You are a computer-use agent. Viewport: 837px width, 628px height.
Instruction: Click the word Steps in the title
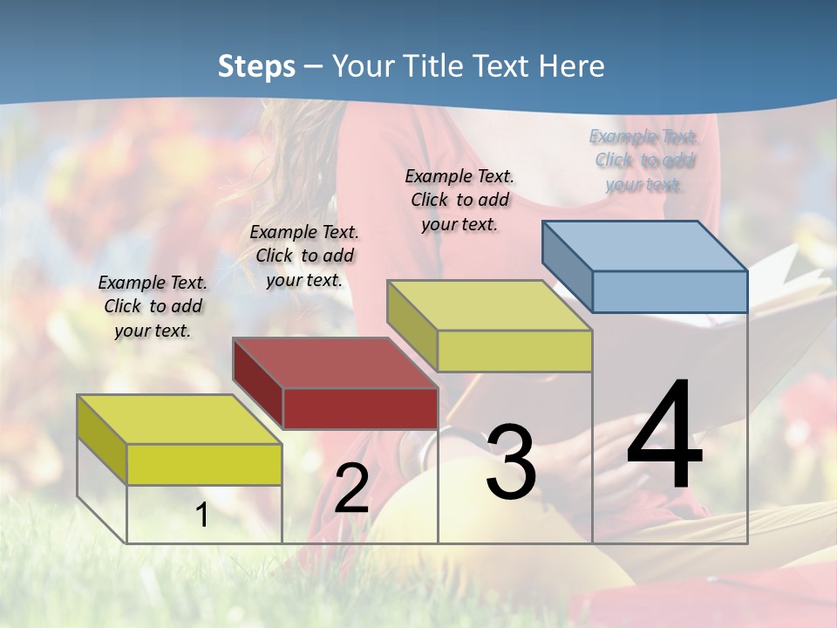pyautogui.click(x=256, y=66)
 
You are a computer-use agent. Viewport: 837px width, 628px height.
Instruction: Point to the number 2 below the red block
pyautogui.click(x=351, y=488)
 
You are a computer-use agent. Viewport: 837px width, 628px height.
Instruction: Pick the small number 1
pyautogui.click(x=202, y=515)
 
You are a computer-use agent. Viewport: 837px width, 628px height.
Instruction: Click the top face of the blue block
pyautogui.click(x=645, y=245)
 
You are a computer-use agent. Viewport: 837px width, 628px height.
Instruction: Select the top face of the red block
pyautogui.click(x=335, y=362)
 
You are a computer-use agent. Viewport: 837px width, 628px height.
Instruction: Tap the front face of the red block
pyautogui.click(x=360, y=408)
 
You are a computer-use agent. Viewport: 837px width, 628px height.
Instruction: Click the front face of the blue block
pyautogui.click(x=670, y=291)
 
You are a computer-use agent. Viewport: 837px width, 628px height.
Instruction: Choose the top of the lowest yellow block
pyautogui.click(x=179, y=419)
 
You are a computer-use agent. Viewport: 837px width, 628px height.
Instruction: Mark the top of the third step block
pyautogui.click(x=490, y=305)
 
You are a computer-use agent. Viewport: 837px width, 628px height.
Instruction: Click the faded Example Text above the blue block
pyautogui.click(x=643, y=137)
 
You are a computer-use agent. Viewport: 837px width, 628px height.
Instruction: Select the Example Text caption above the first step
pyautogui.click(x=153, y=283)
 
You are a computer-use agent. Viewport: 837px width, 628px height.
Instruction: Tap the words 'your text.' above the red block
pyautogui.click(x=304, y=280)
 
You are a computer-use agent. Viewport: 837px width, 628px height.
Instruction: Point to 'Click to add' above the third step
pyautogui.click(x=459, y=200)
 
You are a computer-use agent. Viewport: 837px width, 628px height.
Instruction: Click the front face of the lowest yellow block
pyautogui.click(x=204, y=464)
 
